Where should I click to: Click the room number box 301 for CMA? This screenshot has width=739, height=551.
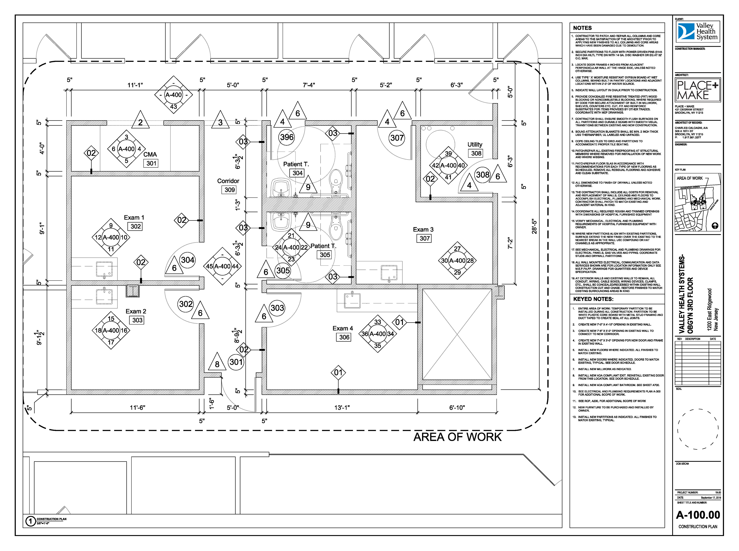click(x=151, y=163)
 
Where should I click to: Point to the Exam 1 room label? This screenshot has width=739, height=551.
click(x=134, y=217)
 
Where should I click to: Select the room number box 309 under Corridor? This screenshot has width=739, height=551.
click(x=229, y=190)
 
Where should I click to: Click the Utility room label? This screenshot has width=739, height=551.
click(x=475, y=144)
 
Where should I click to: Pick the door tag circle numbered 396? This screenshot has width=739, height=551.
click(x=287, y=137)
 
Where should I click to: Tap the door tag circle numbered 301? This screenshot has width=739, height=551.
click(x=236, y=362)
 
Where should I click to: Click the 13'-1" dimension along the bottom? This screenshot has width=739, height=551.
click(x=342, y=408)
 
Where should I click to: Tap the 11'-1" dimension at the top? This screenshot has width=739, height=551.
click(x=135, y=85)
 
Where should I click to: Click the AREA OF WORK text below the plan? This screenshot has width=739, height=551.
click(x=457, y=437)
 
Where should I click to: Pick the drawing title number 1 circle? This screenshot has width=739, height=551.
click(x=30, y=521)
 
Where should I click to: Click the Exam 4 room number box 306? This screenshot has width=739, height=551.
click(x=344, y=337)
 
